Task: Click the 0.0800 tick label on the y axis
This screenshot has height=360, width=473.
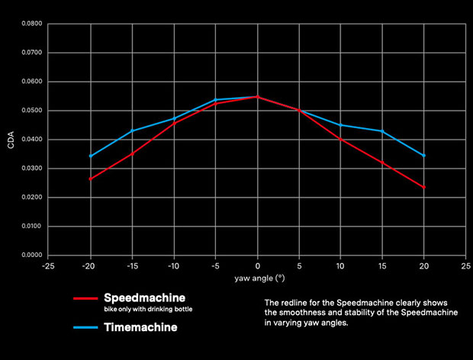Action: click(x=32, y=24)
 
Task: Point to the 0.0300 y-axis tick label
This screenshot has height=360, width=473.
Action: click(x=32, y=169)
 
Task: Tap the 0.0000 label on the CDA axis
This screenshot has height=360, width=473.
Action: click(x=32, y=256)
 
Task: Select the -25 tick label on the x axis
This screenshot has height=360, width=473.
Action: click(x=49, y=268)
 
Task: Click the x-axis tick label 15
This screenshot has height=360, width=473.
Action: click(x=381, y=268)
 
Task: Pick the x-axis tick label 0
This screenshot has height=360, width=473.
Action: click(x=257, y=268)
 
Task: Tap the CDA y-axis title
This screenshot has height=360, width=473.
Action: click(x=11, y=140)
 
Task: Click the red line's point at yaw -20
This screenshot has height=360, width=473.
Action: click(x=91, y=179)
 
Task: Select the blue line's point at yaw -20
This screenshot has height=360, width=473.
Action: click(x=91, y=156)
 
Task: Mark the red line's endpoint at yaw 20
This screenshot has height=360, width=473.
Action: click(x=424, y=187)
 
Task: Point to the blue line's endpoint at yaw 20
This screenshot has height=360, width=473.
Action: click(x=424, y=156)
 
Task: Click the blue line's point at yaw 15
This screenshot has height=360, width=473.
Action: click(x=382, y=131)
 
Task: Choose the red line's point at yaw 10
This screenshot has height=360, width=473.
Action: click(x=340, y=140)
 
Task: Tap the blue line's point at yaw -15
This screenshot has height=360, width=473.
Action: click(x=132, y=131)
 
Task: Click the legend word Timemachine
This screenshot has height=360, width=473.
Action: click(x=140, y=329)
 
